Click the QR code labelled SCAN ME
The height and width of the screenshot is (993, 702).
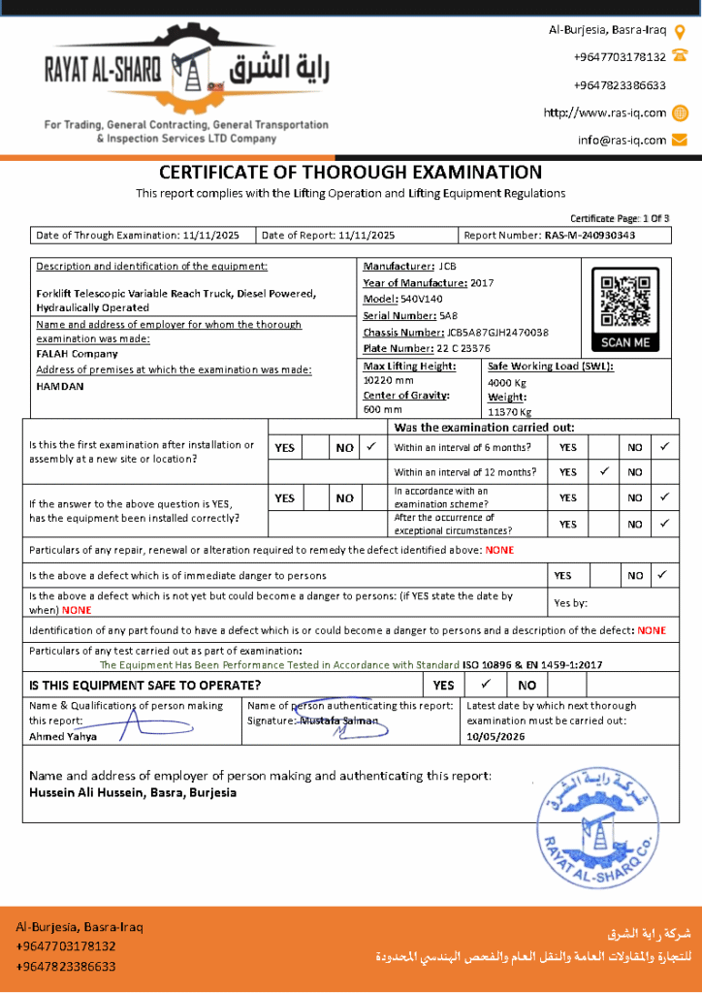pyautogui.click(x=624, y=302)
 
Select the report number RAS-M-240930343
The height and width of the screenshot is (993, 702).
pyautogui.click(x=590, y=235)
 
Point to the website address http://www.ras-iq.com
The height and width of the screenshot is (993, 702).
pyautogui.click(x=605, y=112)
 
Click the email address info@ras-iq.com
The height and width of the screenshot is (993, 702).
pyautogui.click(x=622, y=140)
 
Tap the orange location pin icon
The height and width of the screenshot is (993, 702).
pyautogui.click(x=680, y=31)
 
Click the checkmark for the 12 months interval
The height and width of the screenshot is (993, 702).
pyautogui.click(x=604, y=471)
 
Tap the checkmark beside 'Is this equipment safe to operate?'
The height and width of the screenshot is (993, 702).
pyautogui.click(x=486, y=685)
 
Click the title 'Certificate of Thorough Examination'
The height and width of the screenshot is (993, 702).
pyautogui.click(x=350, y=173)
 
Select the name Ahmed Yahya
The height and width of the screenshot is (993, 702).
pyautogui.click(x=63, y=736)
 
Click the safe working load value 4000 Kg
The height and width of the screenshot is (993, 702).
pyautogui.click(x=506, y=382)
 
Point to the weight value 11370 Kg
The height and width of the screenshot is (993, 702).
pyautogui.click(x=508, y=411)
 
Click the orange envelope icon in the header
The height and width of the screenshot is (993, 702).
pyautogui.click(x=680, y=140)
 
